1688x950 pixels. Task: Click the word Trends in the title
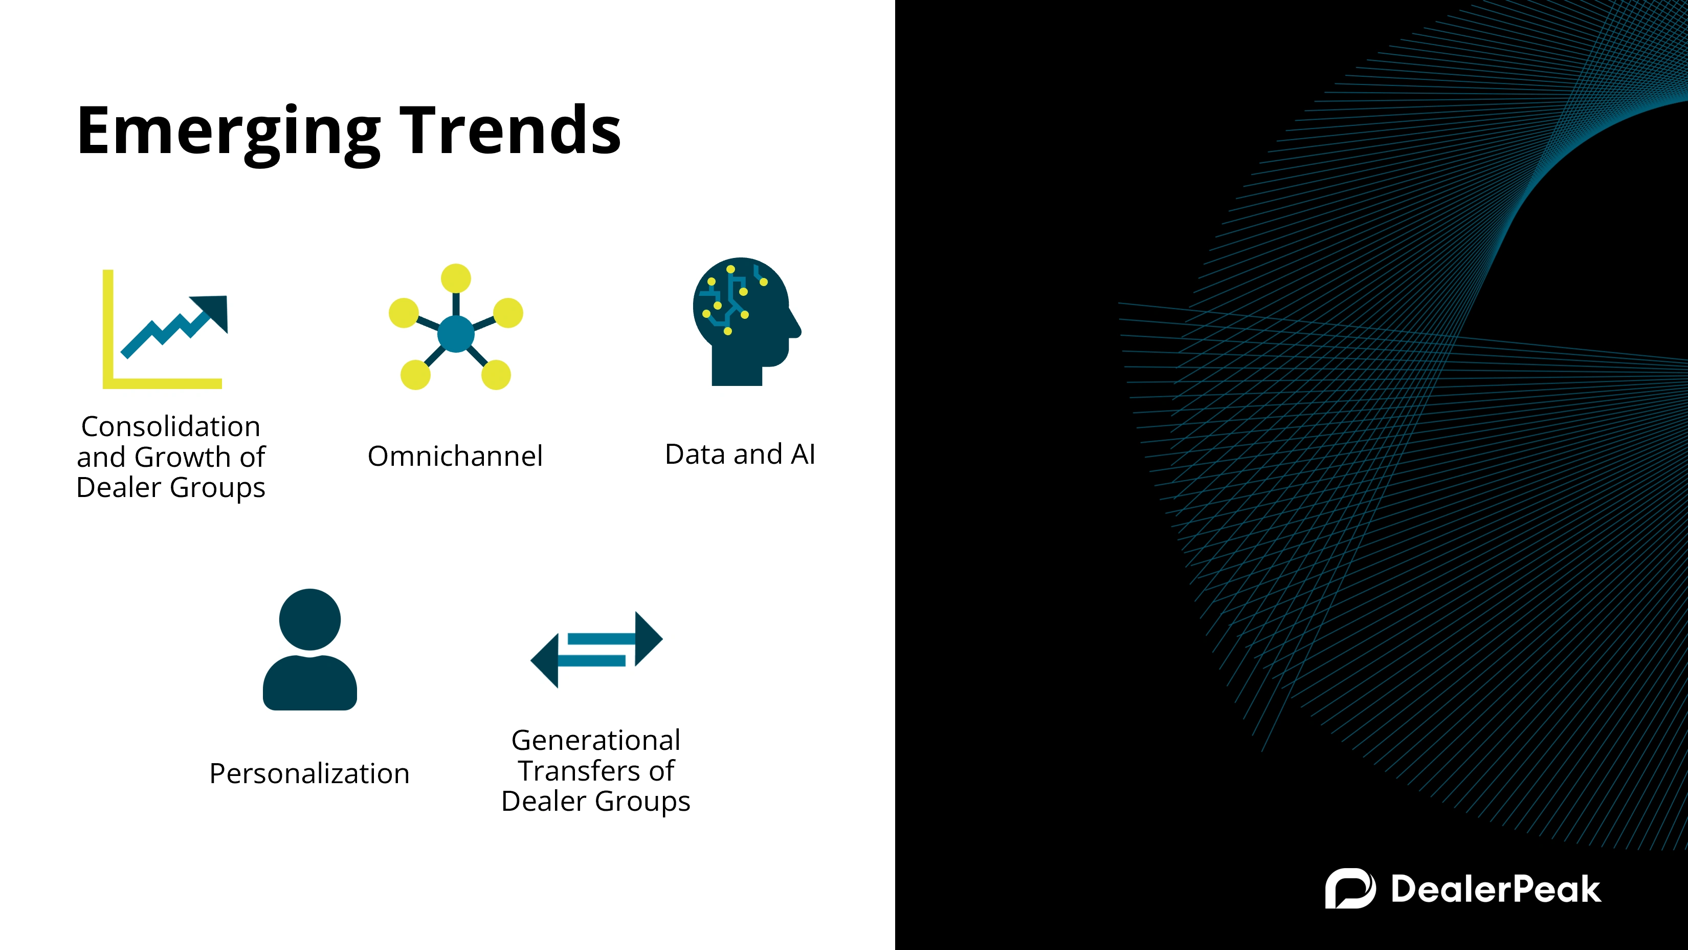(x=510, y=131)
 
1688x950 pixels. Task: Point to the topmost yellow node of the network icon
(x=456, y=278)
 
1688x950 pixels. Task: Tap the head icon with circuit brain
(x=746, y=321)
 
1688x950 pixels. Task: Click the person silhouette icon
(x=310, y=649)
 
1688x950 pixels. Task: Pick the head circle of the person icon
(x=310, y=619)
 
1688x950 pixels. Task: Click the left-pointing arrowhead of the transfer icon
(x=545, y=660)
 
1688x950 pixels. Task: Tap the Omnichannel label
(x=455, y=456)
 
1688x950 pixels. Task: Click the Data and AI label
(x=741, y=455)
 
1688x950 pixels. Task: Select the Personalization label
(x=309, y=773)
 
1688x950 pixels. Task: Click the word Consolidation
(x=171, y=426)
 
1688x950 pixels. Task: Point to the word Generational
(x=595, y=740)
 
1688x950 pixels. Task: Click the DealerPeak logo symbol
(x=1350, y=889)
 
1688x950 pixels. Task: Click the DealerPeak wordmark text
(x=1496, y=889)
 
